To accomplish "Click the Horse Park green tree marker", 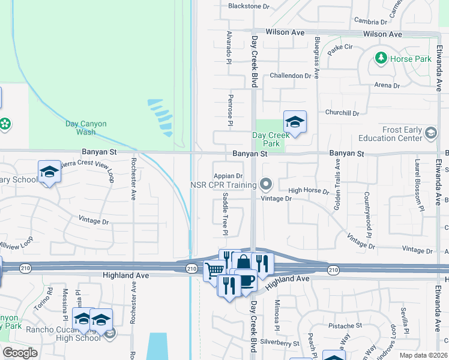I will point(380,58).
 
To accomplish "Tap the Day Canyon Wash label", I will point(86,128).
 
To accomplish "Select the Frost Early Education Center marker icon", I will point(430,133).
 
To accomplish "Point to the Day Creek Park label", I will point(267,140).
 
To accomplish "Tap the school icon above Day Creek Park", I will point(295,122).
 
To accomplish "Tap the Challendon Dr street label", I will point(291,76).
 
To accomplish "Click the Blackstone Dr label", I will point(249,6).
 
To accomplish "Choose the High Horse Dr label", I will point(309,191).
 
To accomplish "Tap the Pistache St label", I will point(345,325).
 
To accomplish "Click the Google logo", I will point(20,353).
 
